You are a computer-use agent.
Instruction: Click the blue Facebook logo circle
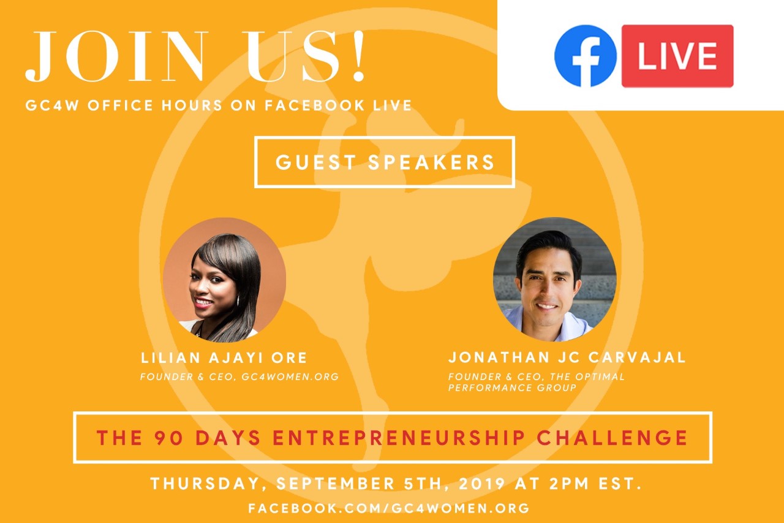coord(585,56)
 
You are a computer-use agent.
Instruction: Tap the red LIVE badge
coord(677,56)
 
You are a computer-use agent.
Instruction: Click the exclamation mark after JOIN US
coord(358,56)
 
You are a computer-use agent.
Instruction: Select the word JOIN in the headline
coord(116,56)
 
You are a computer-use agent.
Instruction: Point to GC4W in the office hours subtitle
coord(52,105)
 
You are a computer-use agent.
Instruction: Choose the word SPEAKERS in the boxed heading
coord(431,162)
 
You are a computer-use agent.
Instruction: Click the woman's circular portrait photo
coord(224,280)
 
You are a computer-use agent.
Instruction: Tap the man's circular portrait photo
coord(555,280)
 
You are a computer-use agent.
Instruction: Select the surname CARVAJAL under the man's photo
coord(637,357)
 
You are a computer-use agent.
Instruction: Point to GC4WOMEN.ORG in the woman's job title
coord(290,376)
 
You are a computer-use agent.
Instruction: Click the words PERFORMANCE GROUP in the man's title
coord(512,387)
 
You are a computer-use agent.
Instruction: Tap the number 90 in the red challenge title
coord(168,438)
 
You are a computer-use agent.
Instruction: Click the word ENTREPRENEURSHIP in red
coord(399,438)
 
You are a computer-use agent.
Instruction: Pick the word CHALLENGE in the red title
coord(612,438)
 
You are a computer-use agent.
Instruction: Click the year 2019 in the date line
coord(482,483)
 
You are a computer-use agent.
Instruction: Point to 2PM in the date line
coord(570,483)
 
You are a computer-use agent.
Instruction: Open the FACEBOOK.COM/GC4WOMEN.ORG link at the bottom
coord(389,508)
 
